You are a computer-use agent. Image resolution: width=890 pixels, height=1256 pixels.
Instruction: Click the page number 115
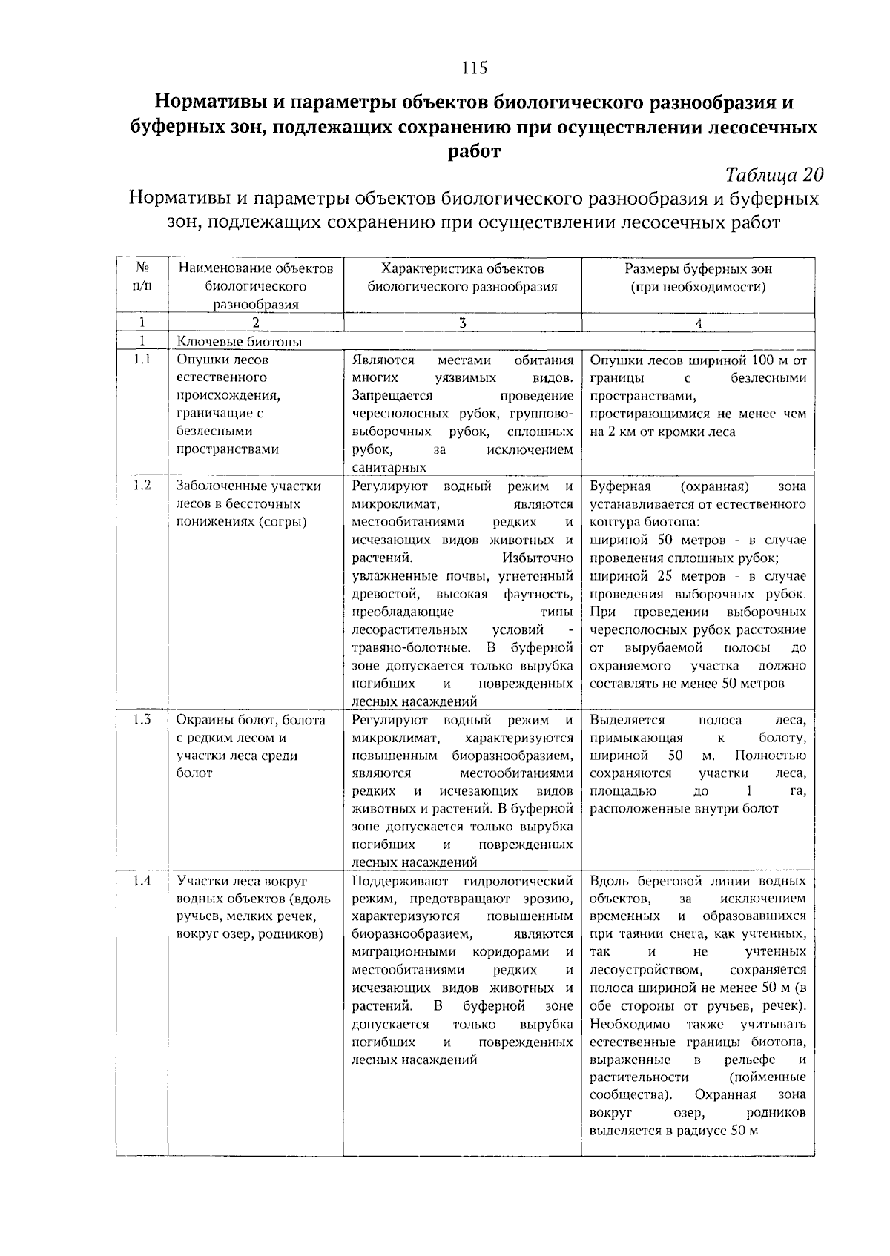[x=475, y=67]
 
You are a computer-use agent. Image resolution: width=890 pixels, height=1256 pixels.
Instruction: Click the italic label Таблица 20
[x=774, y=175]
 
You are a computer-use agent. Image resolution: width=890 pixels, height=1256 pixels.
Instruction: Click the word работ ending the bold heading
[x=475, y=151]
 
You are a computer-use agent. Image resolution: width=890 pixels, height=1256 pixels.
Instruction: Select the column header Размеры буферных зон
[x=698, y=269]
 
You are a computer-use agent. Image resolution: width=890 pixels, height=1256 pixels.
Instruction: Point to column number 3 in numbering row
[x=462, y=323]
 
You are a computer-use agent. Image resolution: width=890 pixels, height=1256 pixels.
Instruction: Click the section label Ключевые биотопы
[x=240, y=342]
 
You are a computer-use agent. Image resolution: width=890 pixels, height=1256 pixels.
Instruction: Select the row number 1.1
[x=142, y=360]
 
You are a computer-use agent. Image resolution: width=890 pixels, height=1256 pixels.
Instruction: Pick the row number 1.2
[x=142, y=486]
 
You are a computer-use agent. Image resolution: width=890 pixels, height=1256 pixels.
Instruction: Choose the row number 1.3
[x=142, y=720]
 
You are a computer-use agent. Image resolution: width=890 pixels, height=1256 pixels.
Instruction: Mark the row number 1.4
[x=142, y=881]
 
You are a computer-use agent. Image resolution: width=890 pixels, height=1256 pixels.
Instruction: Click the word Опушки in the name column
[x=200, y=360]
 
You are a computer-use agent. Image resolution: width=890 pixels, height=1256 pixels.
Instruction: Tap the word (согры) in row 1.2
[x=283, y=521]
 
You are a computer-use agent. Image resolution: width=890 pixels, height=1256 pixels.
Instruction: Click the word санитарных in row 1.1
[x=389, y=468]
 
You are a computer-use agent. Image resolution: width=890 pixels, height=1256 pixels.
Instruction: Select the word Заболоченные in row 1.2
[x=214, y=486]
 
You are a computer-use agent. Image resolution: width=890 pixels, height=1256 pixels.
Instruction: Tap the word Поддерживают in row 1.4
[x=400, y=882]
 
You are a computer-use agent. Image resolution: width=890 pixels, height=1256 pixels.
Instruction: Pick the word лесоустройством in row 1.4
[x=645, y=971]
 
